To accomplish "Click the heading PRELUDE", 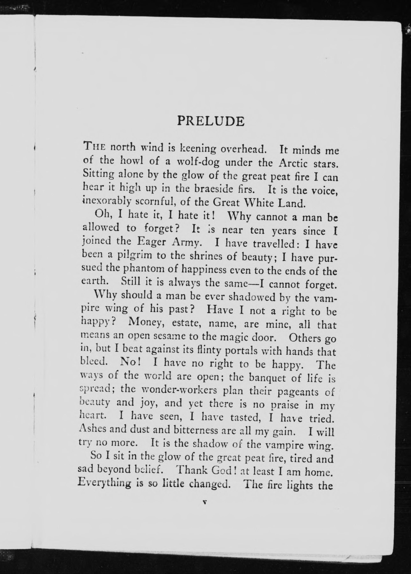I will (211, 121).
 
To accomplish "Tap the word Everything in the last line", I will (104, 483).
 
